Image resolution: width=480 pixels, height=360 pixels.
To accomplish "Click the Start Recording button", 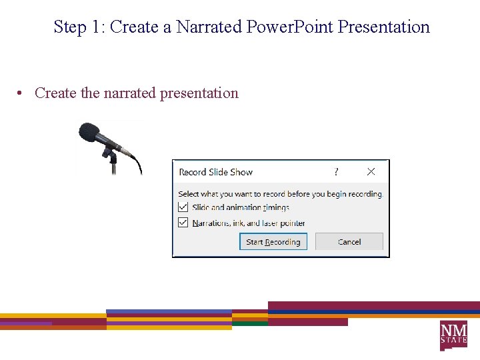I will point(273,242).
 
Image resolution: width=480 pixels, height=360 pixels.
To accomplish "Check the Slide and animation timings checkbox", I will point(183,207).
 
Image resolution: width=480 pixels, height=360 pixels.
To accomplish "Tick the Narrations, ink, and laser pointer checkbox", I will point(183,223).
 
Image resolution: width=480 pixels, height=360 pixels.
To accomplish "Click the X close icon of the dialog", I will point(371,172).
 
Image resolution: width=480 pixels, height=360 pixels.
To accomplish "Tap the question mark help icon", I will point(336,172).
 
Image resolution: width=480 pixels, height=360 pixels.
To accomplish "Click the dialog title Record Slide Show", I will point(216,172).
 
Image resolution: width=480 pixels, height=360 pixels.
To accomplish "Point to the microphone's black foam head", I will point(89,132).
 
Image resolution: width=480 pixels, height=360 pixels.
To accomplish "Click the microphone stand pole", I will point(113,165).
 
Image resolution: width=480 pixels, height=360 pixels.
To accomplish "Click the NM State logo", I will point(453,334).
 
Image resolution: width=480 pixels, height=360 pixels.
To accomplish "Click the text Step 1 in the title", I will point(78,27).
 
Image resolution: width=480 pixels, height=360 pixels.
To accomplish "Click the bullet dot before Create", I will point(22,93).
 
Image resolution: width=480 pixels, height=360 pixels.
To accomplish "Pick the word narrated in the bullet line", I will point(129,93).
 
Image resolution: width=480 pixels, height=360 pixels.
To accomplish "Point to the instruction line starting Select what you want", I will point(281,194).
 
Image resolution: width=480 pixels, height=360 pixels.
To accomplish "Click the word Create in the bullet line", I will point(55,93).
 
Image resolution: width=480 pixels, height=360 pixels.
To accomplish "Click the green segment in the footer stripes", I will point(250,323).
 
